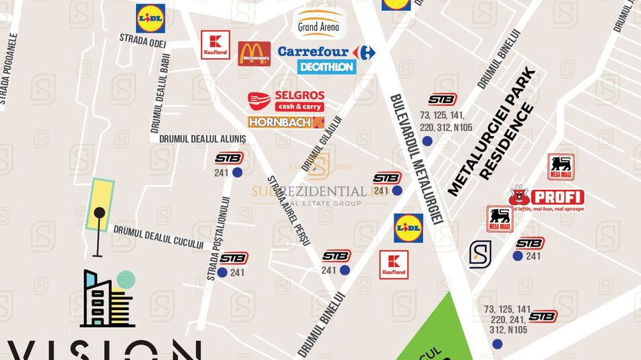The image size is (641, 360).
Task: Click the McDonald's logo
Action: tap(254, 53)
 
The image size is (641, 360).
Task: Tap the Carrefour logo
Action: tap(327, 52)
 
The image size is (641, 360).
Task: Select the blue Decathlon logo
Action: tap(327, 67)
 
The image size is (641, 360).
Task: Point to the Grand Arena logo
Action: tap(319, 23)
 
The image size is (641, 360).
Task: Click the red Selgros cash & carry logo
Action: tap(286, 100)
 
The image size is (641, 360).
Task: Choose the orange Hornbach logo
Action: tap(286, 122)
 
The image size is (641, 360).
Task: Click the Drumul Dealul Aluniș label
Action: tap(202, 138)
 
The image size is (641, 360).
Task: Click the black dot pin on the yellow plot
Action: tap(100, 212)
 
